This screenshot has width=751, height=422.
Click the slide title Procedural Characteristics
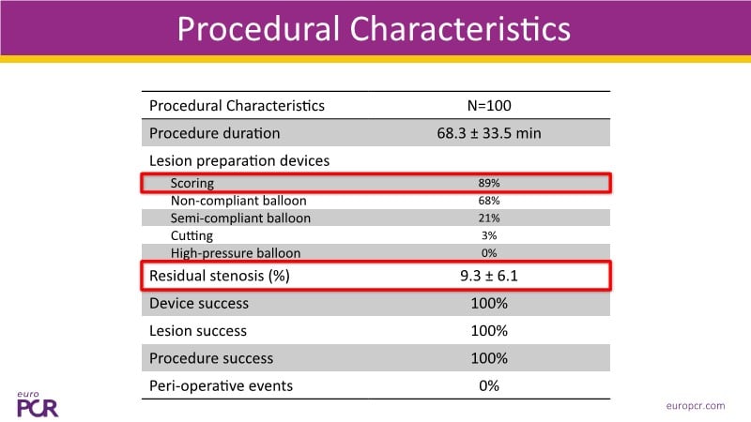(374, 29)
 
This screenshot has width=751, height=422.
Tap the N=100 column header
(489, 106)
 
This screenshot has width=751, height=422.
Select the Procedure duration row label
(214, 133)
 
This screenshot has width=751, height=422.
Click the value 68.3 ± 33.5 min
(489, 133)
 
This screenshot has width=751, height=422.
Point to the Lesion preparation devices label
(239, 160)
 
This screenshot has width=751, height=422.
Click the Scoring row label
(192, 184)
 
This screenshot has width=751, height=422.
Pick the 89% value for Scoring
(489, 184)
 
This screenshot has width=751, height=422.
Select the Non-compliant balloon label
(238, 201)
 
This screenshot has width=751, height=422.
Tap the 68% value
(489, 201)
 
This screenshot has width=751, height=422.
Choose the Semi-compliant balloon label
(240, 219)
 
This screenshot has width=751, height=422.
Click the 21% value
(489, 219)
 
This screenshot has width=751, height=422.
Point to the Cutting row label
(192, 236)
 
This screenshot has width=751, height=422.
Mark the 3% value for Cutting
(489, 236)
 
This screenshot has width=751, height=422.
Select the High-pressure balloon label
(237, 253)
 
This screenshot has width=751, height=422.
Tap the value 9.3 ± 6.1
(489, 277)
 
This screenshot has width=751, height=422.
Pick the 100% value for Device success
(489, 304)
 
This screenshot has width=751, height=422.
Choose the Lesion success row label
(198, 331)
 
